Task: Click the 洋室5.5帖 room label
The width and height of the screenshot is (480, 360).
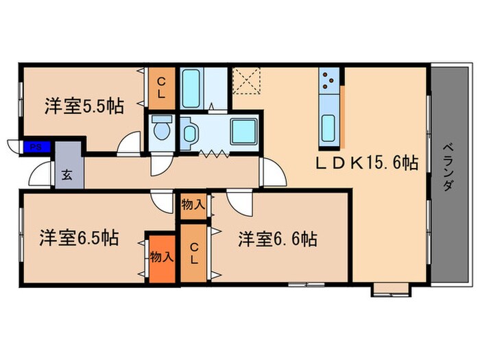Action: [84, 106]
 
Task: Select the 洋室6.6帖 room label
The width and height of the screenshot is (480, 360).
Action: [277, 239]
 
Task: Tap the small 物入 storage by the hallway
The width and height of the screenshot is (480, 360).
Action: [193, 204]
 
